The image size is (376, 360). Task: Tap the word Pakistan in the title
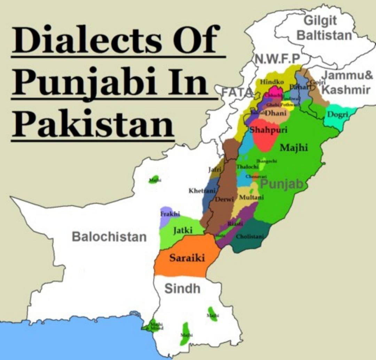92,123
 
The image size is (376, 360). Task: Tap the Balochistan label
109,237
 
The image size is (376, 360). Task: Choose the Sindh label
182,288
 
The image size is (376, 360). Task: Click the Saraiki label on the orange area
187,258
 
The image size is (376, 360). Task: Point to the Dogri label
336,115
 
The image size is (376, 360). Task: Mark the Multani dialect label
251,197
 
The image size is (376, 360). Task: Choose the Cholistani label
250,236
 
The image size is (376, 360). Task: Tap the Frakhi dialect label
170,214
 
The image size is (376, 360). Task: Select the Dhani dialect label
276,113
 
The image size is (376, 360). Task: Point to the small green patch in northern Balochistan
153,179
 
